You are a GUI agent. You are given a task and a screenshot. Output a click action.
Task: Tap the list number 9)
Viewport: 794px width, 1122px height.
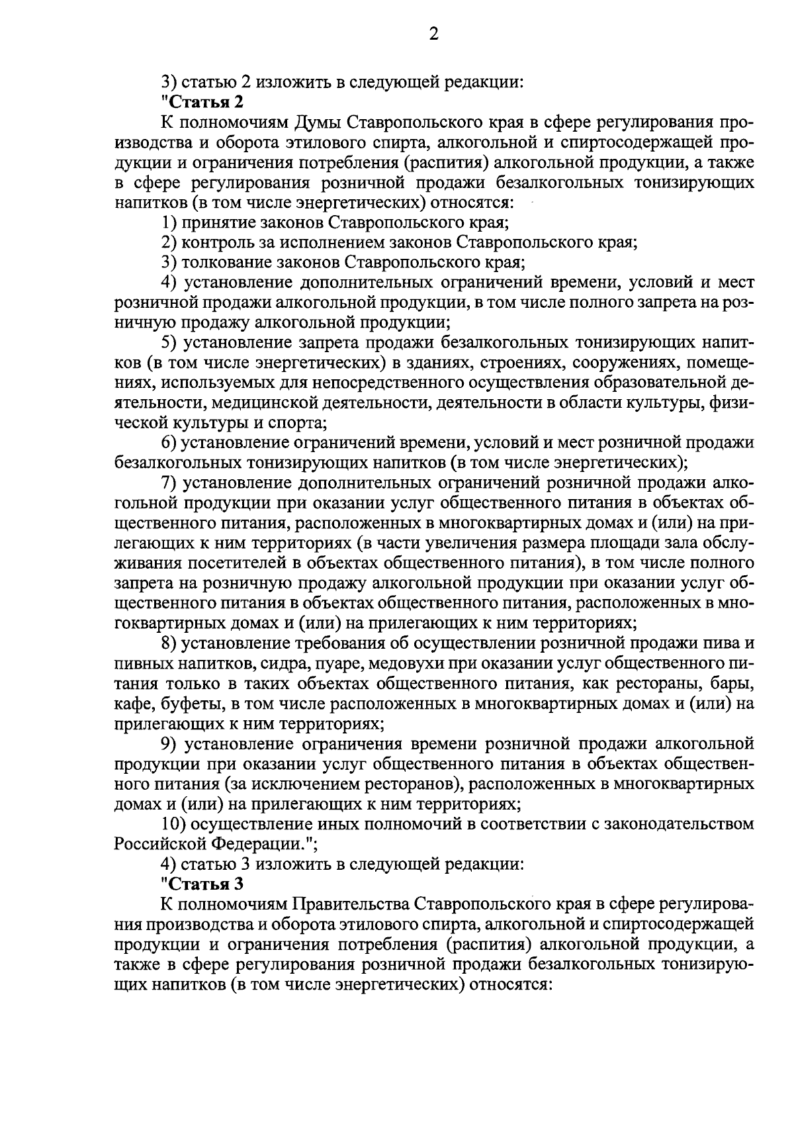(x=170, y=743)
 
